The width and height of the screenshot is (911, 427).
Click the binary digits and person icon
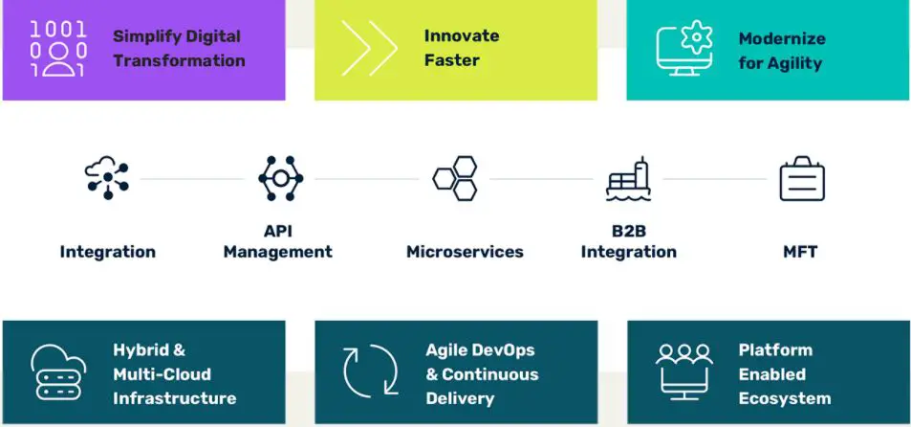tap(58, 49)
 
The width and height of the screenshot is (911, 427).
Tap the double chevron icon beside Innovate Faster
tap(370, 48)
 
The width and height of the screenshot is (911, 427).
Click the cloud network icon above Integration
tap(107, 177)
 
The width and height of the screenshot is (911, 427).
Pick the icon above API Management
tap(281, 178)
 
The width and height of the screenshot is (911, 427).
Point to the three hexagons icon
tap(455, 178)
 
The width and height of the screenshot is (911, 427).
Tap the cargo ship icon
tap(628, 179)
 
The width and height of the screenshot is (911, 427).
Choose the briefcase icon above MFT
tap(802, 179)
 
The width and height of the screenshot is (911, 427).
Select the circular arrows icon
tap(370, 371)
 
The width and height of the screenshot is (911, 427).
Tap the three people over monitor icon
tap(684, 372)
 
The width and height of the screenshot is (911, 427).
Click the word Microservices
tap(465, 252)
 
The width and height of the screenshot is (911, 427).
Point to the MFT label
tap(800, 252)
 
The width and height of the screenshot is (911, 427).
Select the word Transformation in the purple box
tap(179, 61)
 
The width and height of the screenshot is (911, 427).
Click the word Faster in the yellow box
tap(452, 60)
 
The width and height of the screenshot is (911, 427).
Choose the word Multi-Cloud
tap(163, 374)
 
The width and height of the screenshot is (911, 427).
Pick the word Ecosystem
tap(785, 399)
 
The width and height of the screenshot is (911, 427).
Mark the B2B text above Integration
tap(629, 231)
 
